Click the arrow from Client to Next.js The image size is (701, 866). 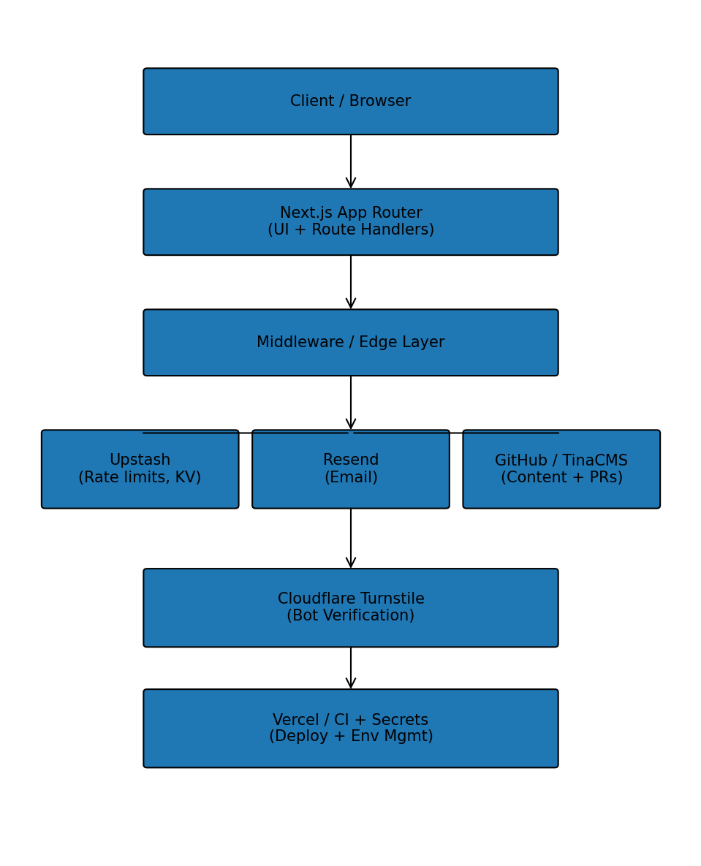click(x=351, y=162)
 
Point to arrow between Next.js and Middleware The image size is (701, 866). click(x=351, y=282)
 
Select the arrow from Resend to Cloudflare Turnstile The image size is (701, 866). click(x=351, y=538)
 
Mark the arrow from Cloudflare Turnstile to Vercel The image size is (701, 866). click(x=351, y=667)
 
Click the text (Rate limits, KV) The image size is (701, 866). click(x=140, y=478)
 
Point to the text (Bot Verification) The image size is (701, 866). click(x=351, y=616)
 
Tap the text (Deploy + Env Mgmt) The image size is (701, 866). click(x=351, y=737)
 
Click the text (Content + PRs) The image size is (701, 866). click(x=561, y=478)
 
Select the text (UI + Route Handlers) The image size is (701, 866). click(x=351, y=230)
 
